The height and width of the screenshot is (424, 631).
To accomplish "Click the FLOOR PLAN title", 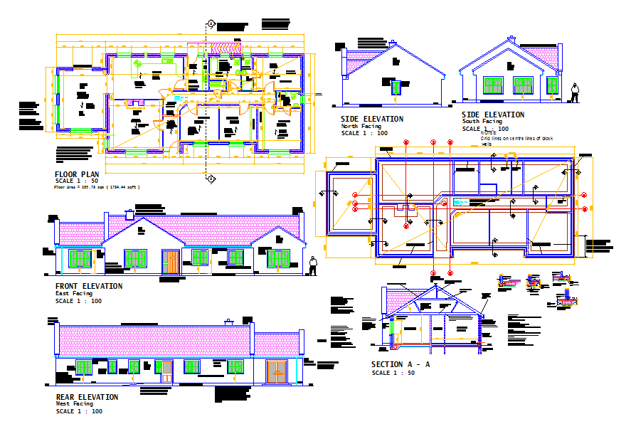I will click(x=77, y=174).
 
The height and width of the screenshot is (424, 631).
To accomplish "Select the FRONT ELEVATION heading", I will click(x=89, y=286).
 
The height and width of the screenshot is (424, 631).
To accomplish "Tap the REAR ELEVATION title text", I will click(x=87, y=397).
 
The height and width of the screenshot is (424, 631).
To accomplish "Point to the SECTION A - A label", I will click(x=401, y=364).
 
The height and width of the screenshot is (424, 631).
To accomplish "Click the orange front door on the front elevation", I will click(x=171, y=261).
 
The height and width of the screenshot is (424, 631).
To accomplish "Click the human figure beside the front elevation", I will click(x=313, y=265).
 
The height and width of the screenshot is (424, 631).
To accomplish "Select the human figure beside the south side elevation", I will click(x=574, y=92).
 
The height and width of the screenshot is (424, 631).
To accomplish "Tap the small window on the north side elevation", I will click(x=396, y=87).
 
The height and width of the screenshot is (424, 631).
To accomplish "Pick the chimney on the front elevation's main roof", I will click(x=129, y=213).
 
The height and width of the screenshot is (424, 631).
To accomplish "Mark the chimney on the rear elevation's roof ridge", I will click(x=228, y=322).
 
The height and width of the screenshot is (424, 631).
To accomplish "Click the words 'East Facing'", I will click(x=74, y=293).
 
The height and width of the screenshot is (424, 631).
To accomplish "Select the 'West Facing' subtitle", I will click(x=74, y=404).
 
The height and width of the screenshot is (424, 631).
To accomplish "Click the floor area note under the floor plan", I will click(x=97, y=187).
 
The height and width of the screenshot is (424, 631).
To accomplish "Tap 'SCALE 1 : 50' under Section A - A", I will click(x=393, y=373).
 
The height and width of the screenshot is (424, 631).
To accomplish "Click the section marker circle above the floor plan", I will click(x=211, y=23).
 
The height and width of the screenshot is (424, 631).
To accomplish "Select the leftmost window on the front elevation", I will click(x=80, y=258).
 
